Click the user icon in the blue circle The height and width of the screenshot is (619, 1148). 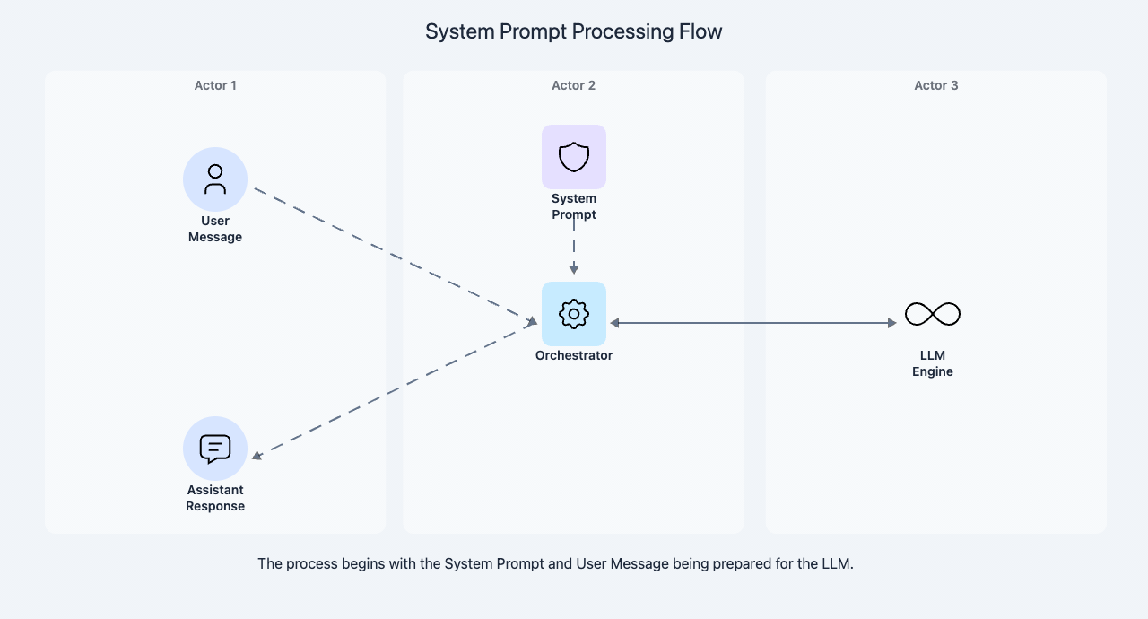215,179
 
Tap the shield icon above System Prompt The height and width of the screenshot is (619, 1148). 574,157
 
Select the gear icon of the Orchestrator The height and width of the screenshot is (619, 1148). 574,314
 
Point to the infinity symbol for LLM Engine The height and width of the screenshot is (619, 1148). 933,314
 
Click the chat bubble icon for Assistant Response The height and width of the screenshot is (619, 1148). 215,449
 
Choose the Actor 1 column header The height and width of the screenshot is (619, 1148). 215,85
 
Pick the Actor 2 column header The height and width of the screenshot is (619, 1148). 574,85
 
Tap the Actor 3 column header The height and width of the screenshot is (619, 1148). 936,85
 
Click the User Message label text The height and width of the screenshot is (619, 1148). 215,229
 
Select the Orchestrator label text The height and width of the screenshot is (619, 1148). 574,355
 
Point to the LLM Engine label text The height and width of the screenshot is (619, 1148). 933,363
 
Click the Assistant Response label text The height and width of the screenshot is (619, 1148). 215,498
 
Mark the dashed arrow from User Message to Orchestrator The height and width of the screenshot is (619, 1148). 395,255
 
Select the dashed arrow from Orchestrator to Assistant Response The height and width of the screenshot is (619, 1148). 395,390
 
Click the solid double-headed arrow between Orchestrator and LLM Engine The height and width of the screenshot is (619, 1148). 753,323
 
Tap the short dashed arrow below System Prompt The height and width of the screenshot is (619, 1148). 574,247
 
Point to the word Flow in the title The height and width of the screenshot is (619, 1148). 700,31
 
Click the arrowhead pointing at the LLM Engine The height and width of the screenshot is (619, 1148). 891,323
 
